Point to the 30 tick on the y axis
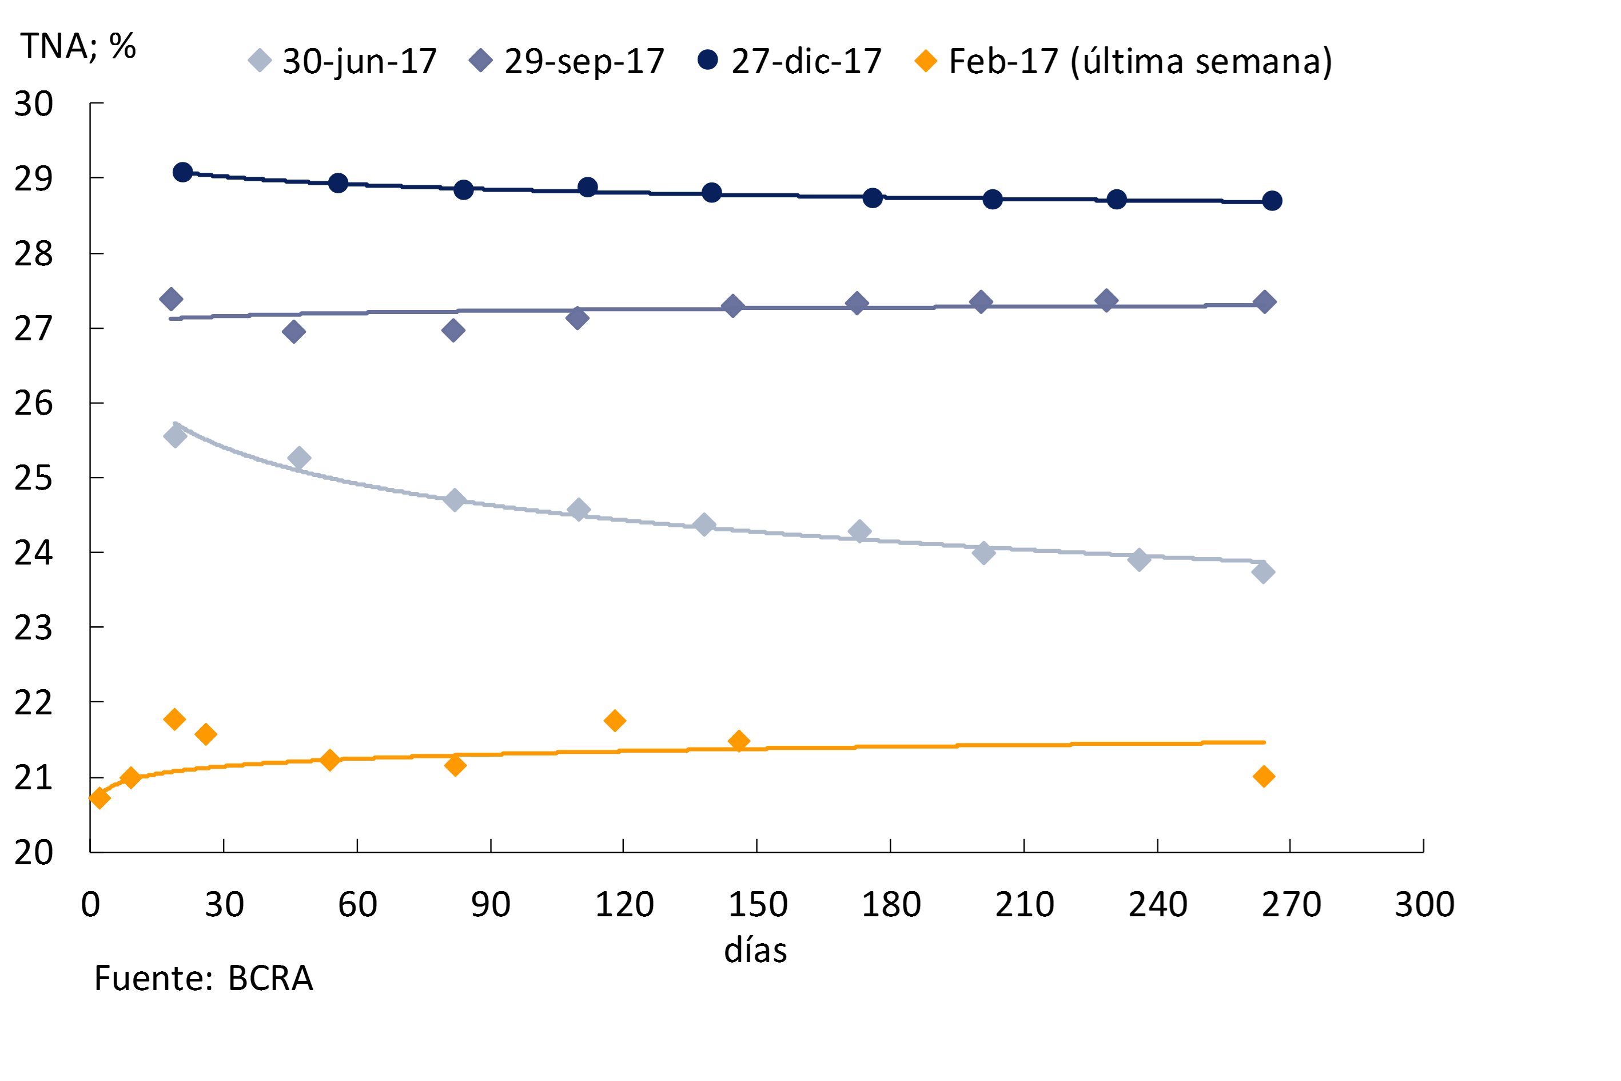[x=34, y=104]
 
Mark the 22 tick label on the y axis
[x=34, y=703]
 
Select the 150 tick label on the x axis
[x=758, y=904]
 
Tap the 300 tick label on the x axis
[x=1424, y=904]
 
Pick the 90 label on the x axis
[x=491, y=904]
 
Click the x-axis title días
[x=755, y=951]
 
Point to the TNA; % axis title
[x=78, y=47]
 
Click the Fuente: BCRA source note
[x=204, y=978]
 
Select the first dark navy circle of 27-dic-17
[x=182, y=172]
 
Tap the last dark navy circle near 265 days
[x=1272, y=201]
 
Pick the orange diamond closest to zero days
[x=99, y=798]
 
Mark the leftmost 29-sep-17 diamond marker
[x=171, y=299]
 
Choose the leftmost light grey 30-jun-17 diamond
[x=175, y=436]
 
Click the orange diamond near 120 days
[x=615, y=721]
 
